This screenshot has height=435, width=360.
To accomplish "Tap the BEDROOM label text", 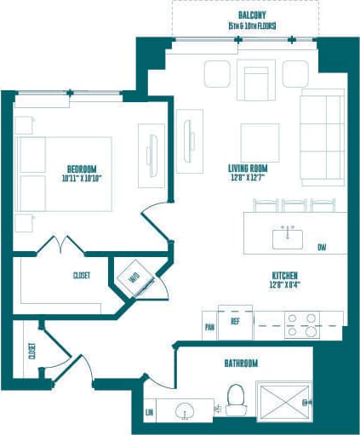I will tap(82, 168).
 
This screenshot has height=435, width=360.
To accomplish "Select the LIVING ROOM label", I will tap(249, 168).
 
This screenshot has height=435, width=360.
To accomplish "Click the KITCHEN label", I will tap(283, 275).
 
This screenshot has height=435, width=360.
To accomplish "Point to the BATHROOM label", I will tap(241, 363).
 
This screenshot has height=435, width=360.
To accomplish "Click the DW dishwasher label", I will tap(322, 248).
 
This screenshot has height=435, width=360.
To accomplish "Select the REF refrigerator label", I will tap(235, 323).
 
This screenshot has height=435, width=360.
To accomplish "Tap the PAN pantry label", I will tap(209, 326).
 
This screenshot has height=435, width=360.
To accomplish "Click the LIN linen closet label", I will tap(151, 411).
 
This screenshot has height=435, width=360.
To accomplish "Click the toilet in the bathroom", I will tap(236, 398).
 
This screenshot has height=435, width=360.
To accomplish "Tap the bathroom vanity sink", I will tap(186, 411).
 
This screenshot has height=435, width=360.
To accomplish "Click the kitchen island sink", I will tap(288, 238).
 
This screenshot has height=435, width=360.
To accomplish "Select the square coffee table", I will tap(258, 140).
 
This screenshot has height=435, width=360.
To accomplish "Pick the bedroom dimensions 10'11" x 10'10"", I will tap(81, 179).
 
